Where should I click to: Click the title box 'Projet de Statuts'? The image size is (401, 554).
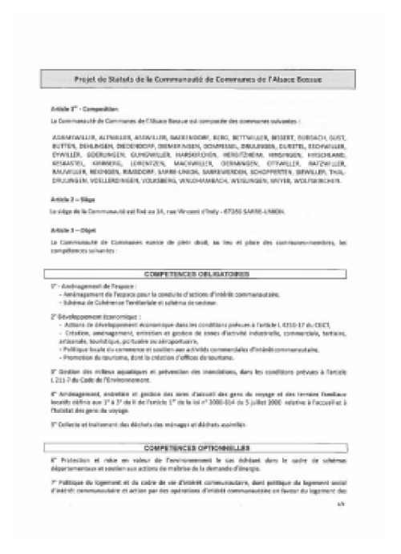pos(200,79)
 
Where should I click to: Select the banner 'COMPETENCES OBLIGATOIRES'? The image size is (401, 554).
pos(200,273)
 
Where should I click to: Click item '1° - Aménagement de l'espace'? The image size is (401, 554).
pos(88,286)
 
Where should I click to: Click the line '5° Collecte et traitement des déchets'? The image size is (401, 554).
pos(144,423)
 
